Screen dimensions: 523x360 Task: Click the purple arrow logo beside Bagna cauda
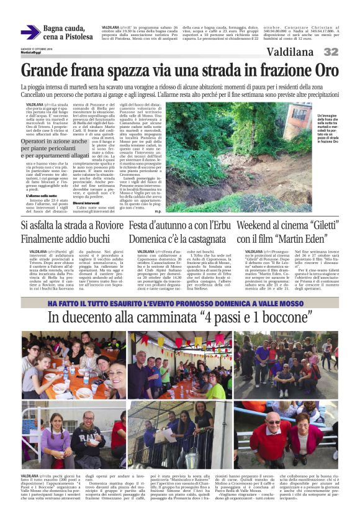[x=30, y=32]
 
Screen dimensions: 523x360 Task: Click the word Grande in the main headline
[x=46, y=69]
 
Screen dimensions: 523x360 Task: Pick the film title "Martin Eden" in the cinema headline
[x=299, y=239]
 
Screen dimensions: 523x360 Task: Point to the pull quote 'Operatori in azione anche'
[x=54, y=142]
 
